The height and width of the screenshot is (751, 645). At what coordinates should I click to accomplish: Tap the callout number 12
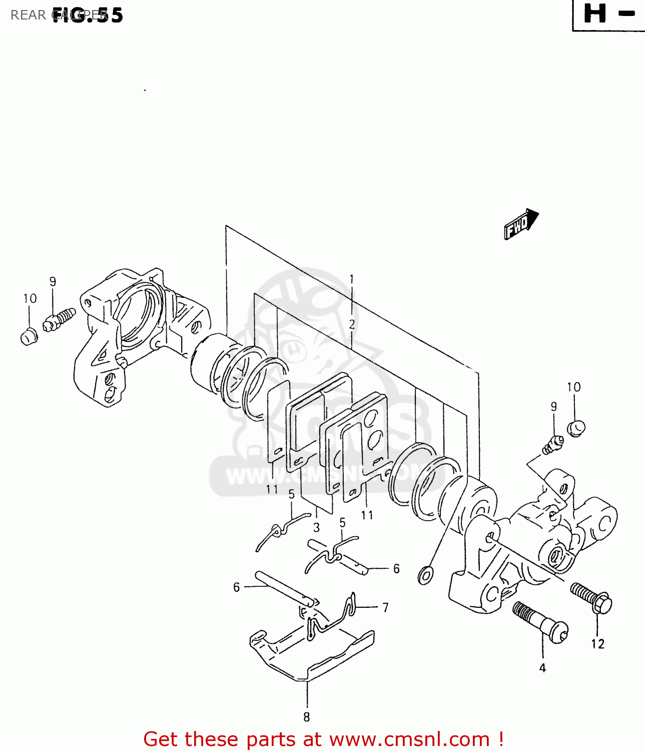pyautogui.click(x=597, y=644)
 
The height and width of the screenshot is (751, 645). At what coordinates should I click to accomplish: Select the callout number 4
pyautogui.click(x=542, y=667)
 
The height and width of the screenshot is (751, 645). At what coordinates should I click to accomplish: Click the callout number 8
pyautogui.click(x=307, y=717)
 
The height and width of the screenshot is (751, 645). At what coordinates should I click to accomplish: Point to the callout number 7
pyautogui.click(x=385, y=607)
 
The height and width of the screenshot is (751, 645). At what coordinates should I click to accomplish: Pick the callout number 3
pyautogui.click(x=316, y=527)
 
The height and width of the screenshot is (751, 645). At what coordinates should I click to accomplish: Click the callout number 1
pyautogui.click(x=352, y=279)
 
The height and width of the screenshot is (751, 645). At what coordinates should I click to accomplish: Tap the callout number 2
pyautogui.click(x=352, y=324)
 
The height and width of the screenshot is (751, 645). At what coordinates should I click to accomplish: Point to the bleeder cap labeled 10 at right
pyautogui.click(x=576, y=428)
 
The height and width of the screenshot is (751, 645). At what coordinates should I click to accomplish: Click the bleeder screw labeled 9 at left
pyautogui.click(x=59, y=319)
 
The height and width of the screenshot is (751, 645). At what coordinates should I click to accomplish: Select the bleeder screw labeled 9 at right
pyautogui.click(x=552, y=445)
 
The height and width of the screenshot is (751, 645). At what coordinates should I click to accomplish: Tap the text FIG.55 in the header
pyautogui.click(x=88, y=15)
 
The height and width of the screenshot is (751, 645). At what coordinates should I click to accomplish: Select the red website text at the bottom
pyautogui.click(x=323, y=739)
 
